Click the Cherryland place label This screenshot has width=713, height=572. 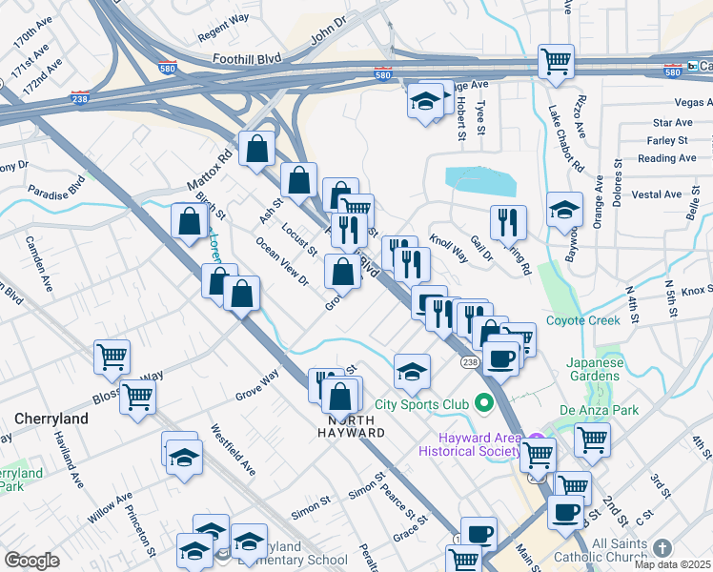point(51,419)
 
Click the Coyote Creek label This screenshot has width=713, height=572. point(583,320)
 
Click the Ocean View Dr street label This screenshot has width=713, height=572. point(282,261)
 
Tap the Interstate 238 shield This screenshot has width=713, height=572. point(81,97)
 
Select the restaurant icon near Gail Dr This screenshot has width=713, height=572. point(508,222)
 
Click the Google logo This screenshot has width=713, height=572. point(31,560)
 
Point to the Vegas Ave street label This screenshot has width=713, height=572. point(693,102)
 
